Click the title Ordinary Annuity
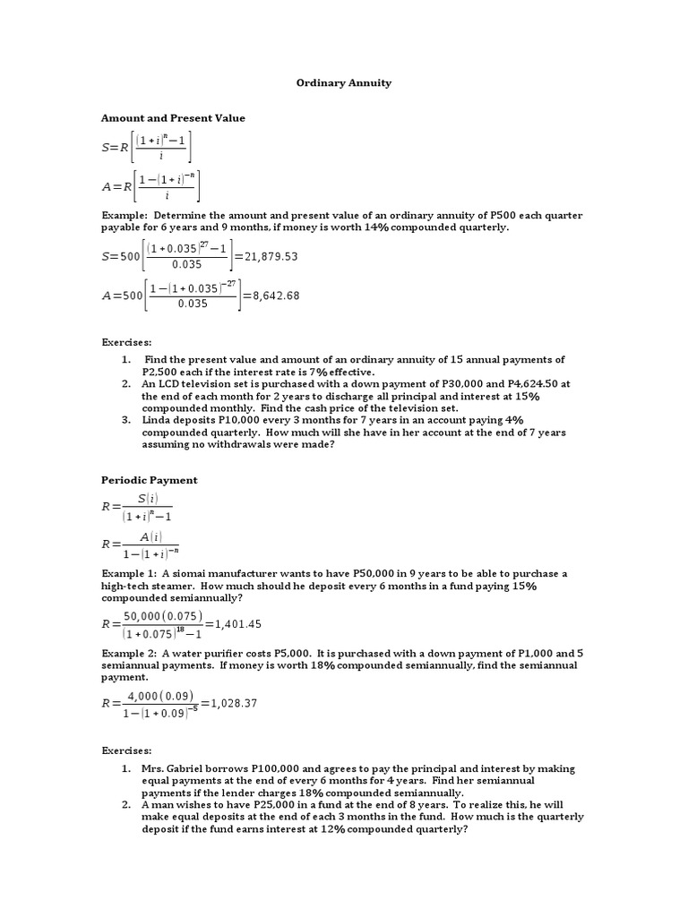[343, 82]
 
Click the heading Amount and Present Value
[173, 117]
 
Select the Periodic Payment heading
[149, 480]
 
